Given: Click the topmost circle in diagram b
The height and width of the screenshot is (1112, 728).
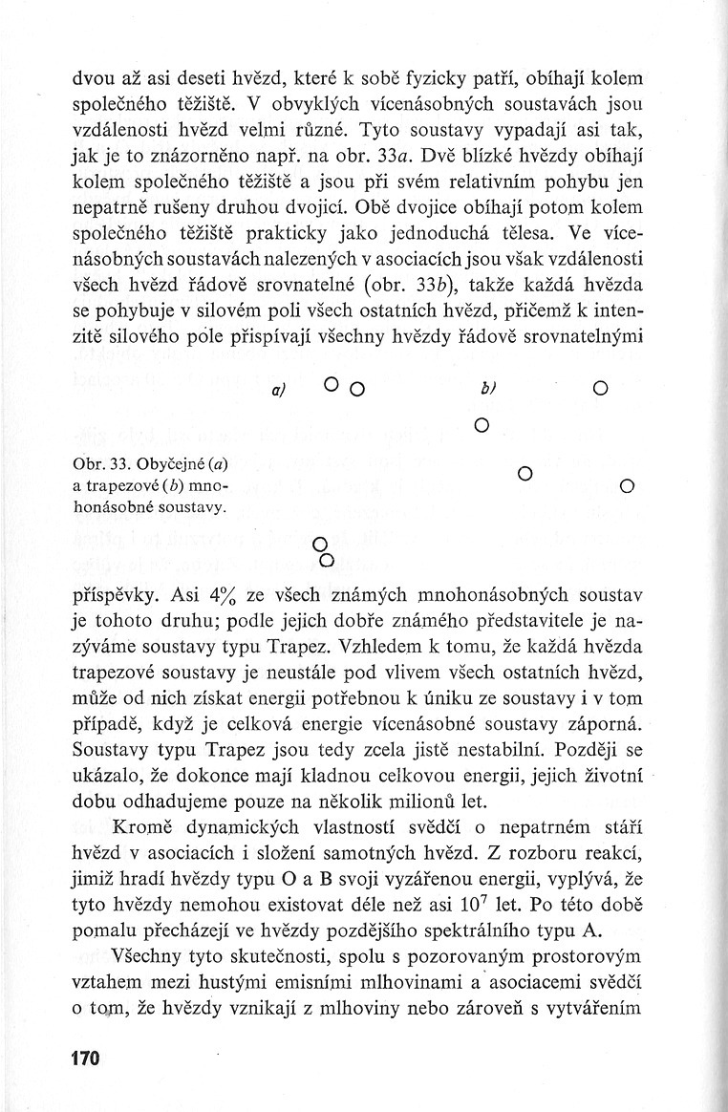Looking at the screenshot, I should tap(599, 389).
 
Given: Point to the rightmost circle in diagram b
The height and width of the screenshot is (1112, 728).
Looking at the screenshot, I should tap(627, 486).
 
